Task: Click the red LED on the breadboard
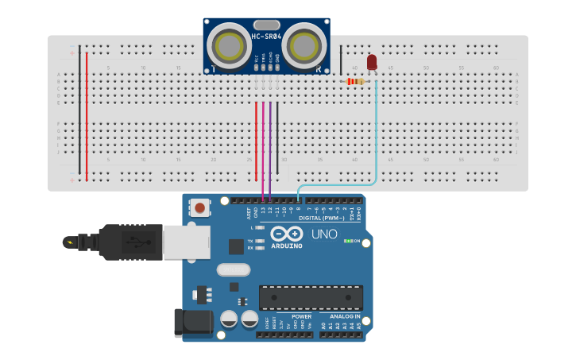point(372,62)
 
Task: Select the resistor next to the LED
point(355,81)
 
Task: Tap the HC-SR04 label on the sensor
point(266,37)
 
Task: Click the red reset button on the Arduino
point(199,208)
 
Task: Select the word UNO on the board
point(323,235)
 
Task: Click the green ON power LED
point(347,241)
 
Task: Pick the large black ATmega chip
point(311,297)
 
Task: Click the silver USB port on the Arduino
point(186,242)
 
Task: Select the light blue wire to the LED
point(376,135)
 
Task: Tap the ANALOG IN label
point(341,316)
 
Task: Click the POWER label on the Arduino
point(301,316)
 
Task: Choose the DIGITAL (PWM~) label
point(322,218)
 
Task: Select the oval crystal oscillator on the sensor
point(266,25)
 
